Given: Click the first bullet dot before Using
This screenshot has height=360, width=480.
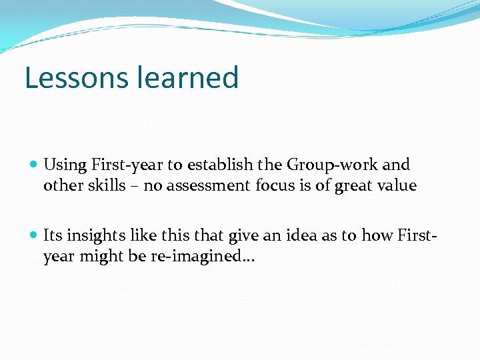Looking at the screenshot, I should [35, 165].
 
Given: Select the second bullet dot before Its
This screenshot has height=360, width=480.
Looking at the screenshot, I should [35, 235].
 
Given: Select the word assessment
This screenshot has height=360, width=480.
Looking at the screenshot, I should [208, 186].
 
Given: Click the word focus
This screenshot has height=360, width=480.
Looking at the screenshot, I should [274, 186].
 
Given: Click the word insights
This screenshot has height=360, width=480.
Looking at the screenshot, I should [93, 235].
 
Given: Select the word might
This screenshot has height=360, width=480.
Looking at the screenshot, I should [98, 257].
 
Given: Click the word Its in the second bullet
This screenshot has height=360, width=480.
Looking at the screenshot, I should [53, 235].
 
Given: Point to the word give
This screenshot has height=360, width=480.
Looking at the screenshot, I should [243, 235].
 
